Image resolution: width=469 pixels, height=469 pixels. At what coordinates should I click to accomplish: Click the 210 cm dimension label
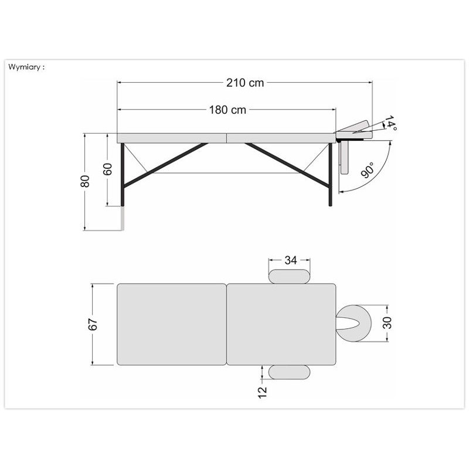(x=245, y=83)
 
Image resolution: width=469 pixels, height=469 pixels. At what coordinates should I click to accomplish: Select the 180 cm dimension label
(x=227, y=110)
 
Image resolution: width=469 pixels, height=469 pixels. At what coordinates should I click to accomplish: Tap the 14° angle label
(x=390, y=123)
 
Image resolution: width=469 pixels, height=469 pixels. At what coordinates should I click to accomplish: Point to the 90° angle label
(x=368, y=170)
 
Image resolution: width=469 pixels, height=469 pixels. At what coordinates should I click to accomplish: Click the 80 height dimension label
(x=85, y=181)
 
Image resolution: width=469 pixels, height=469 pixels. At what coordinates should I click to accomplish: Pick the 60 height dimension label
(x=107, y=169)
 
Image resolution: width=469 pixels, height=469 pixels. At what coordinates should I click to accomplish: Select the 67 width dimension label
(x=93, y=325)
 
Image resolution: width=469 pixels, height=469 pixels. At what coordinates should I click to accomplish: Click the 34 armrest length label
(x=290, y=260)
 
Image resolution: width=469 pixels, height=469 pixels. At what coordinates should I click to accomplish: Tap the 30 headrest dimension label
(x=387, y=323)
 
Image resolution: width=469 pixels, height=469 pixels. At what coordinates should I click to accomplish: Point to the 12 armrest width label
(x=262, y=392)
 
